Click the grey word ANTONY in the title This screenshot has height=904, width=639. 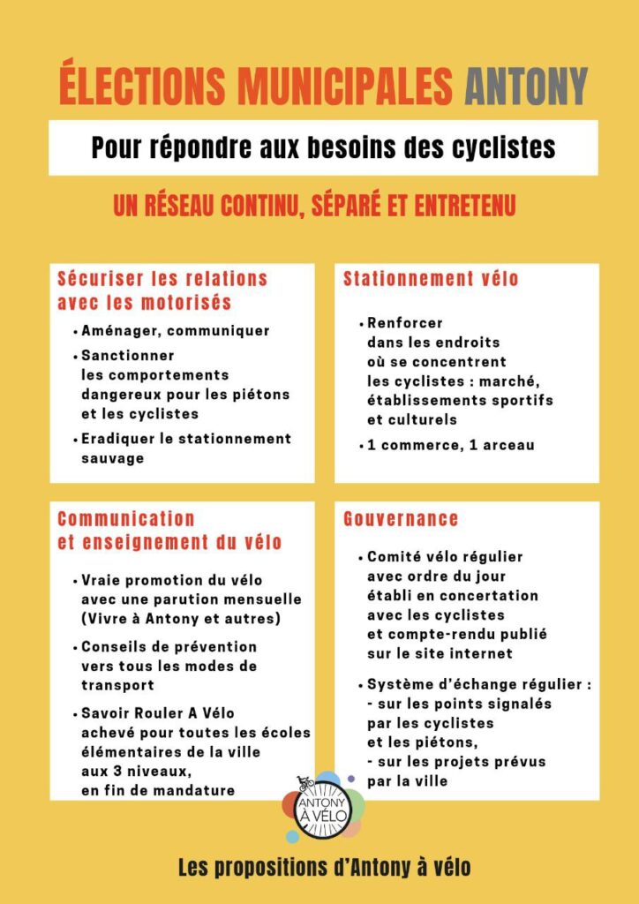tap(525, 86)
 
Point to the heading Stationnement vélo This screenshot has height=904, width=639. tap(431, 280)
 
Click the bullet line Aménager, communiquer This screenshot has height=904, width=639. tap(175, 331)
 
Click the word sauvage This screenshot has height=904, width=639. tap(112, 458)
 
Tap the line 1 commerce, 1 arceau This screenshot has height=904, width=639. tap(450, 445)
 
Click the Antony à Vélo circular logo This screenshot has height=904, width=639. tap(323, 806)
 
